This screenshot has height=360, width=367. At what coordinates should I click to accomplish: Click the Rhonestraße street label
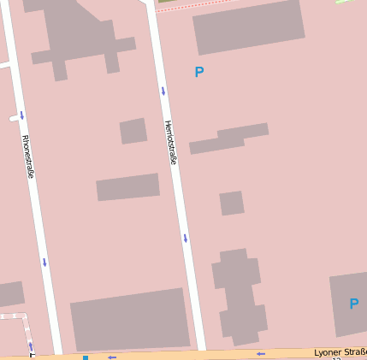click(x=27, y=156)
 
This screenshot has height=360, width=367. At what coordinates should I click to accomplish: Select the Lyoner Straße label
click(x=340, y=351)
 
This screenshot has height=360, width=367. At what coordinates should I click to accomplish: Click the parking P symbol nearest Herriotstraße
click(x=199, y=73)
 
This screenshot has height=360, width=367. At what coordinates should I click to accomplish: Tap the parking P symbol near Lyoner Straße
click(x=353, y=304)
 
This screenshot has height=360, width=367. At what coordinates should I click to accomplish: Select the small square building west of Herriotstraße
click(x=133, y=131)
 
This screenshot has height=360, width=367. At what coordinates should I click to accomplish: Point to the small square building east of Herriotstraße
click(x=231, y=204)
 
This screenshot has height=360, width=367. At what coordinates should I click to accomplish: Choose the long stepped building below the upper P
click(x=229, y=139)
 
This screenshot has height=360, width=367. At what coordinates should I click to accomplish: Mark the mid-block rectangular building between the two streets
click(x=128, y=187)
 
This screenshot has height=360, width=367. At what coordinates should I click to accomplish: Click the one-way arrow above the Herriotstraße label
click(x=163, y=91)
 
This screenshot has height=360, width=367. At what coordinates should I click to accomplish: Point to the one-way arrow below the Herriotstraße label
click(x=185, y=238)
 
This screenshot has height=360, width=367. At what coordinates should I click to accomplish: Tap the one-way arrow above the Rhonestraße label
click(x=21, y=115)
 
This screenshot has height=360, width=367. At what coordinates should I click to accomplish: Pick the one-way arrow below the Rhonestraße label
click(x=44, y=263)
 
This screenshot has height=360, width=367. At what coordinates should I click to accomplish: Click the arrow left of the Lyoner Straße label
click(x=261, y=353)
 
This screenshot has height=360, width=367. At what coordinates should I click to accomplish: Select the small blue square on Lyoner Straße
click(x=86, y=357)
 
